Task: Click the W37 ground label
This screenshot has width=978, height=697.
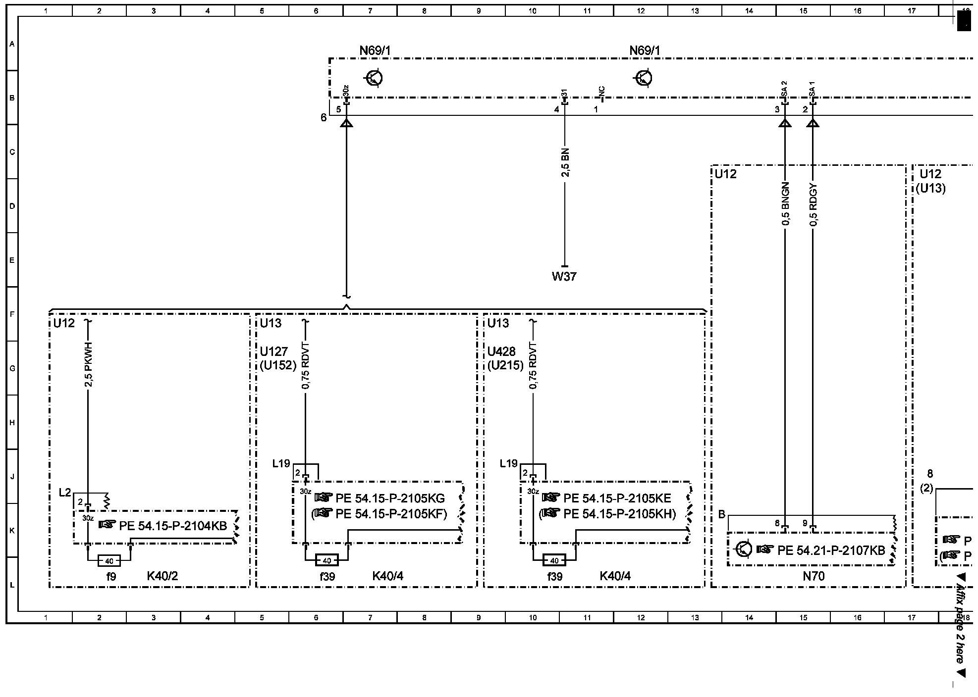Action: tap(564, 276)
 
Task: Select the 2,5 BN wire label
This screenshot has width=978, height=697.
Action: tap(565, 162)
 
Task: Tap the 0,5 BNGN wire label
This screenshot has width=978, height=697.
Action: tap(785, 204)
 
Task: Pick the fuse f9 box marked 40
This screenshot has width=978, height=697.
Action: tap(109, 561)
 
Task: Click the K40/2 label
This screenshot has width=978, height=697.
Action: tap(162, 576)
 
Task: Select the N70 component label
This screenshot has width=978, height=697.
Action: tap(814, 576)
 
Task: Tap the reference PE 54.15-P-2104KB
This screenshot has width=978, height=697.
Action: tap(172, 526)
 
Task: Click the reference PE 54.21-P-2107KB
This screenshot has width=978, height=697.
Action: tap(831, 550)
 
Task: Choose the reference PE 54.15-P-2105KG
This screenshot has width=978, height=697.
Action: tap(390, 498)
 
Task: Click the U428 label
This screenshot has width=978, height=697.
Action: tap(501, 351)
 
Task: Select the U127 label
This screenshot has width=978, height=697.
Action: tap(273, 351)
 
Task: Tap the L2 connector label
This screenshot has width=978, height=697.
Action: tap(65, 493)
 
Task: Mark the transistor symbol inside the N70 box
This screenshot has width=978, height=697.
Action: tap(744, 549)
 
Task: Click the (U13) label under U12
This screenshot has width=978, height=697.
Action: tap(930, 188)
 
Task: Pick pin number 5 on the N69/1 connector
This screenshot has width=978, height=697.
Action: tap(338, 109)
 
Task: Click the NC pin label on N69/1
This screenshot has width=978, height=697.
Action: tap(602, 92)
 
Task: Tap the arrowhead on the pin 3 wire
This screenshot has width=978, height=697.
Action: tap(785, 122)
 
